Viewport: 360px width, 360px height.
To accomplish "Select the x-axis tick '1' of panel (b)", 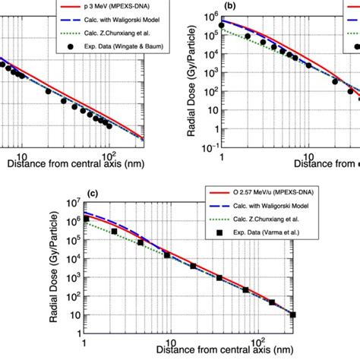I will pos(221,154).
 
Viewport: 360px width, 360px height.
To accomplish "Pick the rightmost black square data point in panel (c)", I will pos(293,314).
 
